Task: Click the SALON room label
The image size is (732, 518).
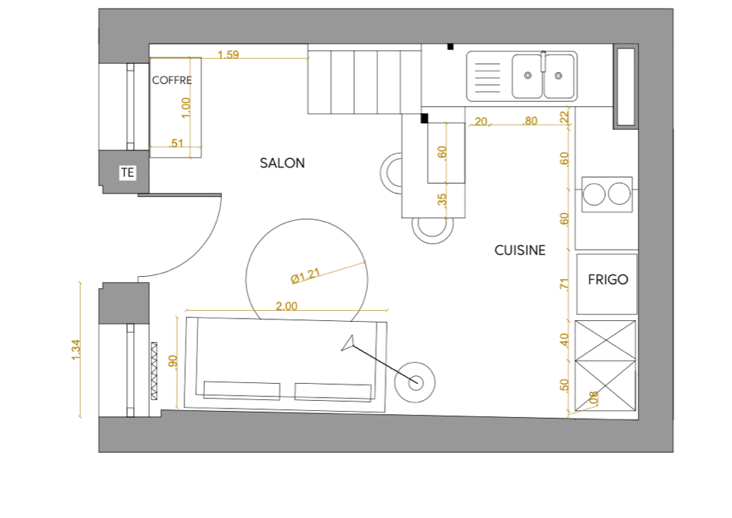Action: coord(282,163)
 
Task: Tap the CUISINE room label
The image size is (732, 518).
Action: coord(519,250)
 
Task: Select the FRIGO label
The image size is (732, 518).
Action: coord(608,279)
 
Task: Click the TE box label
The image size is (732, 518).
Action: coord(127,172)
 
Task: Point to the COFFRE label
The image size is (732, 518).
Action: coord(172,80)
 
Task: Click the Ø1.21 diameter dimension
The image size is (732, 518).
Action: coord(305,275)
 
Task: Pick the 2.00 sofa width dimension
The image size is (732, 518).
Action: coord(286,306)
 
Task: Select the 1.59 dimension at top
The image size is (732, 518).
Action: coord(228,54)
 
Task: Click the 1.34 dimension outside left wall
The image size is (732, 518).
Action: coord(76,350)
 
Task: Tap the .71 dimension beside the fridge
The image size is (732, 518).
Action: coord(564,284)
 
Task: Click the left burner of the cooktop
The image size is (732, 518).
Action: coord(594,194)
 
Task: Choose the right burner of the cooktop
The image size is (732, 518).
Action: coord(619,194)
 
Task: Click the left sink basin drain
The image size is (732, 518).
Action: coord(528,75)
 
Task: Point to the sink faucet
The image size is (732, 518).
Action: coord(543,61)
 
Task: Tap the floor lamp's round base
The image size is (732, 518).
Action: coord(415,383)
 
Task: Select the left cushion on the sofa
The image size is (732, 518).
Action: coord(242,391)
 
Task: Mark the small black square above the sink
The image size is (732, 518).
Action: coord(450,47)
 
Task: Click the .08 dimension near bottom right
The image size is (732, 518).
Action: coord(593,398)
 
